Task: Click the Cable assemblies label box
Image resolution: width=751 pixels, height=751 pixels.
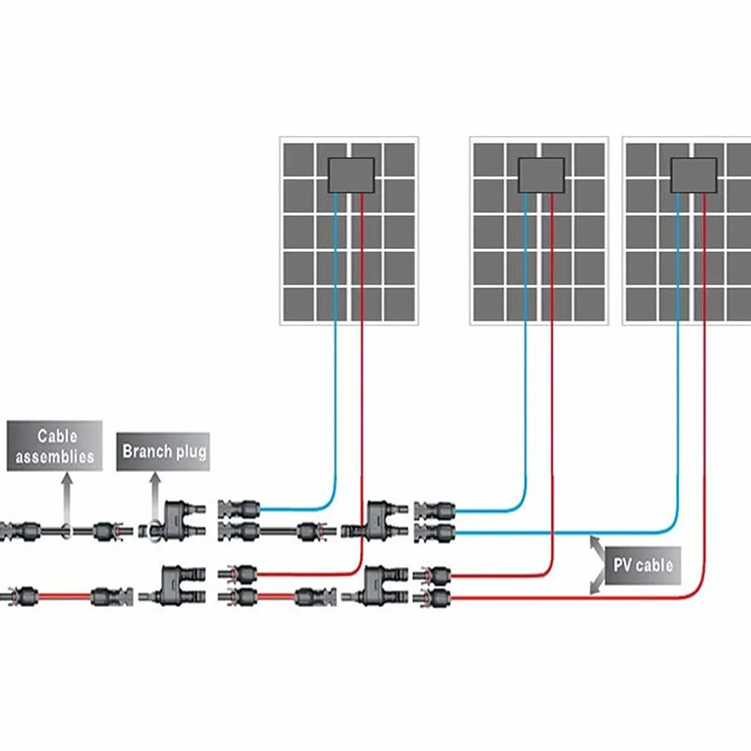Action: [54, 446]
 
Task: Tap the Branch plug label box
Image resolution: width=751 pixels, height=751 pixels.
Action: [162, 451]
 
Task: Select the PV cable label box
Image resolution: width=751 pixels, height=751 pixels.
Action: [643, 566]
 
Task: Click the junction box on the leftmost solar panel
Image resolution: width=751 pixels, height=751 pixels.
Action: [351, 175]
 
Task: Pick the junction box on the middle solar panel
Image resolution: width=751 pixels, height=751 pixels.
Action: [541, 175]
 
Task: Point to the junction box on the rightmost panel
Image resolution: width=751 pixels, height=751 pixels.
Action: [694, 175]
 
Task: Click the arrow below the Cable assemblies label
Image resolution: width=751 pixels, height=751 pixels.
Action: [67, 500]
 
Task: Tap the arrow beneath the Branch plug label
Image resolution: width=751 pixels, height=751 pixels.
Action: [155, 498]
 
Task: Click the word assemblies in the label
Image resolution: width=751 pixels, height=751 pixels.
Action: [54, 457]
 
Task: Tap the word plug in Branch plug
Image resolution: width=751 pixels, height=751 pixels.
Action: [191, 452]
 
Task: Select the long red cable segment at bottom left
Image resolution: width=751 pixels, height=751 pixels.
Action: [64, 597]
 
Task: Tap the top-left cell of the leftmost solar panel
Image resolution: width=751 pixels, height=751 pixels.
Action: [298, 159]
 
